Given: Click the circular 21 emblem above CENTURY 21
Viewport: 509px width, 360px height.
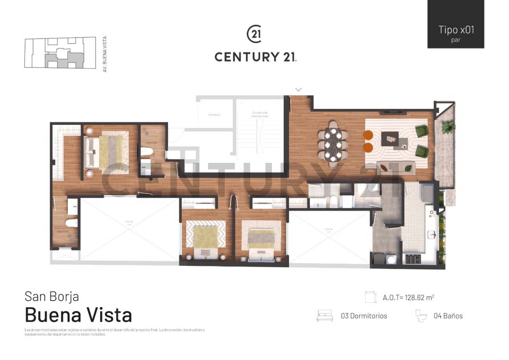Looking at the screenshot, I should coord(255,34).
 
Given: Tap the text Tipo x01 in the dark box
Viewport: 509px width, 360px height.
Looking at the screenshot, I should coord(456,30).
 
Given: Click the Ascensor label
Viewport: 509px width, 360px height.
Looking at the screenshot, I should coord(214,115).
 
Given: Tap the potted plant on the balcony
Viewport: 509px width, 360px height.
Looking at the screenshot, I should coord(448,126).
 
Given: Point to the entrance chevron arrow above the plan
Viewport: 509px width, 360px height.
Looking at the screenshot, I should coord(299,89).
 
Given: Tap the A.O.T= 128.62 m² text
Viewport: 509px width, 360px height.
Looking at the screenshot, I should coord(408,297).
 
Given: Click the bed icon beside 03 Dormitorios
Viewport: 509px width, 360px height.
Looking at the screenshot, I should coord(325,316).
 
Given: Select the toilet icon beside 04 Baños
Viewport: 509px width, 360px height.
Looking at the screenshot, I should coord(422,316).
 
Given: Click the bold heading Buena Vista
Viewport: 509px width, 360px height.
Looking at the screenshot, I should coord(78,315).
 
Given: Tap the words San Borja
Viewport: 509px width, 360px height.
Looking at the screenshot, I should coord(52,296).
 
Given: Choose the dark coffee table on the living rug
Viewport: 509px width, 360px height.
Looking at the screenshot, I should coord(390,138).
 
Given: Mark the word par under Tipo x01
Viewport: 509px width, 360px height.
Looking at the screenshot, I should coord(456,40).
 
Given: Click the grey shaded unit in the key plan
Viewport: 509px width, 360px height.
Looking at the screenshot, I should coord(64,59).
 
